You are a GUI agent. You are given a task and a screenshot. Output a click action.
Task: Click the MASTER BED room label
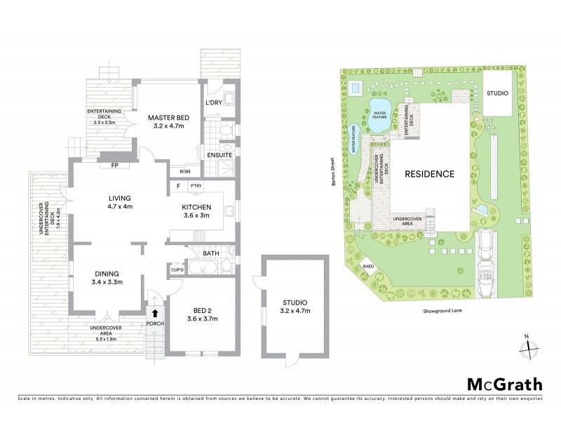pyautogui.click(x=166, y=119)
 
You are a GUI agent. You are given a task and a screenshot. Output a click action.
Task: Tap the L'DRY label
pyautogui.click(x=213, y=104)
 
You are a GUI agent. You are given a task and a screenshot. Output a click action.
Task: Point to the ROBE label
pyautogui.click(x=185, y=171)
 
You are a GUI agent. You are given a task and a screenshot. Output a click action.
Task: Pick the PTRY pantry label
pyautogui.click(x=194, y=186)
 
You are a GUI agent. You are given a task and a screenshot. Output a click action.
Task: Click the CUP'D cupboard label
pyautogui.click(x=177, y=268)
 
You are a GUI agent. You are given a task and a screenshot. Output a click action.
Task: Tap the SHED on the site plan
pyautogui.click(x=367, y=265)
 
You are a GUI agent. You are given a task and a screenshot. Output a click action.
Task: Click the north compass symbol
pyautogui.click(x=530, y=345)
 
